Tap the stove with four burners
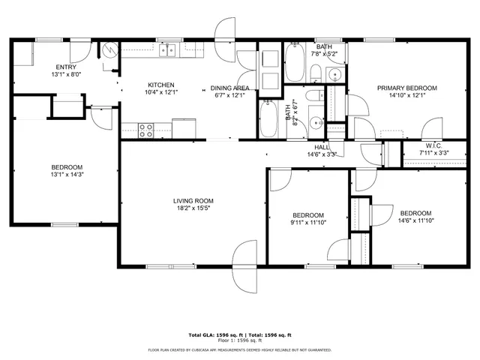[145, 130]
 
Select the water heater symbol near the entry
[110, 51]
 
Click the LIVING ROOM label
[193, 201]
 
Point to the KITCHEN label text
[161, 85]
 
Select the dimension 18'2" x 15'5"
[193, 209]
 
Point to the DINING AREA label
[230, 88]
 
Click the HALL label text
[322, 147]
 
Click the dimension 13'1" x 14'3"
[67, 175]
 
